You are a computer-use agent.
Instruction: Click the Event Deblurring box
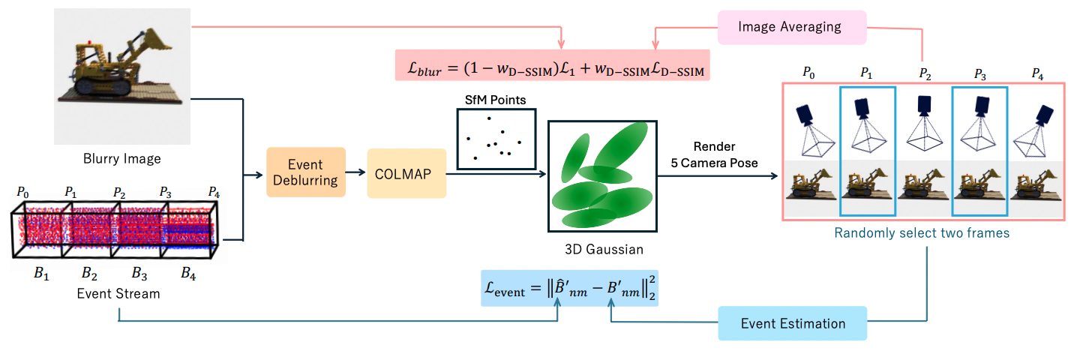click(306, 172)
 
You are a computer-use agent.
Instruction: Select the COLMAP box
click(406, 173)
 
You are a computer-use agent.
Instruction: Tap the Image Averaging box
click(790, 27)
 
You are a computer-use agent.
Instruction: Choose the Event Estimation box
click(792, 324)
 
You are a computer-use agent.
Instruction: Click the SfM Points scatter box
click(496, 138)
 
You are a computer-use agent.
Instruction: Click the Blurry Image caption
click(121, 159)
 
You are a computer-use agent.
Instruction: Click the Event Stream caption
click(118, 293)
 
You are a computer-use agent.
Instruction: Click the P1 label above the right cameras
click(866, 73)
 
